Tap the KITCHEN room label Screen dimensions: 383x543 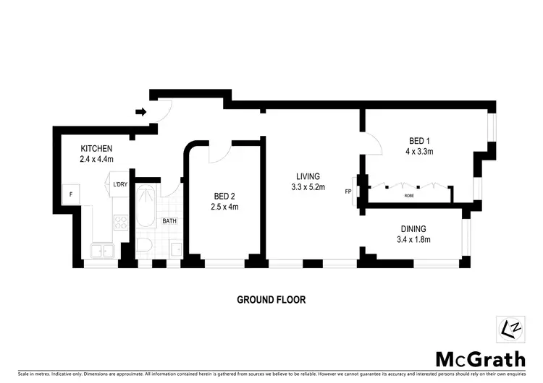tap(96, 148)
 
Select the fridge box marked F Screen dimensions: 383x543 tap(71, 194)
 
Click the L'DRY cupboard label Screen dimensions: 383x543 tap(120, 185)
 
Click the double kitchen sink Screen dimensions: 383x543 tap(100, 251)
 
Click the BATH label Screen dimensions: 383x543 tap(169, 221)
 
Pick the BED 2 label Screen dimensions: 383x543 tap(224, 196)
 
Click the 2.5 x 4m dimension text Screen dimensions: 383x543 tap(224, 207)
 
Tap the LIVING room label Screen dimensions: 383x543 tap(308, 176)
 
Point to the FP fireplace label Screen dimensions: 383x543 tap(348, 191)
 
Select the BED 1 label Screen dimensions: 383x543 tap(416, 142)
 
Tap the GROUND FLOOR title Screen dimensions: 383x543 tap(271, 299)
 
